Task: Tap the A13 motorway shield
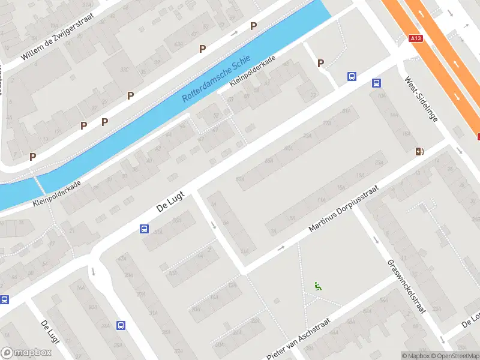[x=415, y=38]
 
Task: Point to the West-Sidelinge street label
[x=421, y=98]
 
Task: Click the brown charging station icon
[x=419, y=151]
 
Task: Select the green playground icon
[x=318, y=286]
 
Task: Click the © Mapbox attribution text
[x=416, y=356]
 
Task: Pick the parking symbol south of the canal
[x=320, y=63]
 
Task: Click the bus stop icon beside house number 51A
[x=144, y=229]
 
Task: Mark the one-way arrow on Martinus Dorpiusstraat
[x=280, y=248]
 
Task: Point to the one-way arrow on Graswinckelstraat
[x=376, y=241]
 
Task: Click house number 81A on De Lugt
[x=346, y=111]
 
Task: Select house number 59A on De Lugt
[x=241, y=179]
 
